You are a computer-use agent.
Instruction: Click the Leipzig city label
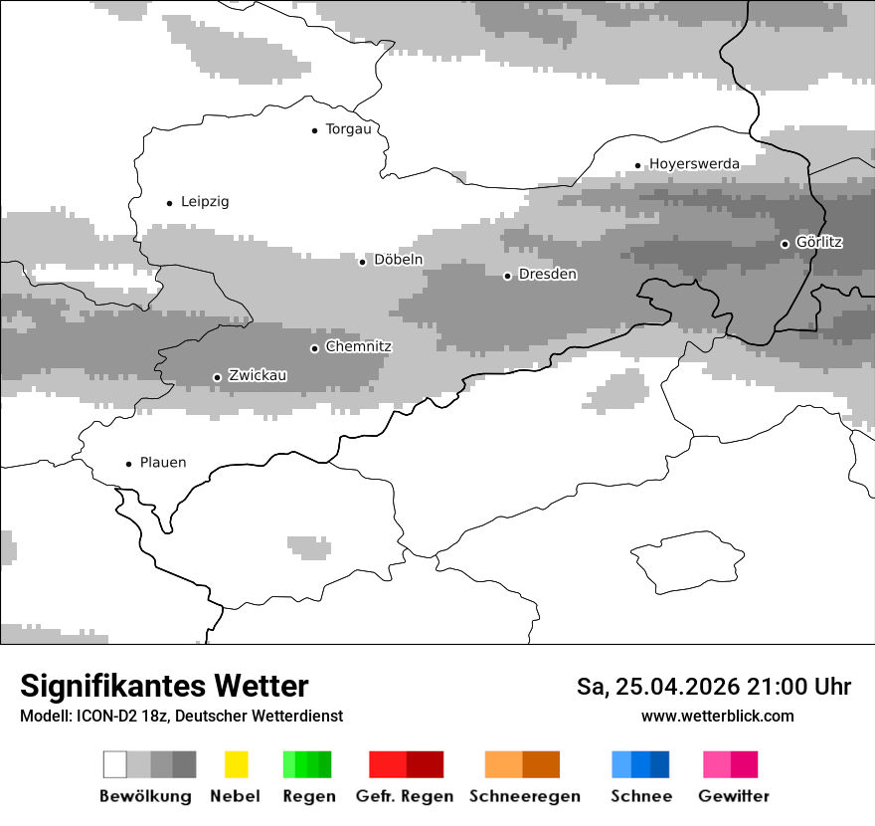pyautogui.click(x=205, y=202)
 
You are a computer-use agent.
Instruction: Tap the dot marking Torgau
pyautogui.click(x=314, y=130)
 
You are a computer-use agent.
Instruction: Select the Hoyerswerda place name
pyautogui.click(x=694, y=164)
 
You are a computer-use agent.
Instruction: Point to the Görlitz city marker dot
pyautogui.click(x=785, y=244)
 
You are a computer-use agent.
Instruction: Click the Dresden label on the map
pyautogui.click(x=548, y=275)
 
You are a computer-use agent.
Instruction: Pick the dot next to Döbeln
pyautogui.click(x=362, y=262)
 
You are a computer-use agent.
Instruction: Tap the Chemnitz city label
pyautogui.click(x=359, y=347)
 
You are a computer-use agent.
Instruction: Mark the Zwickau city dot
pyautogui.click(x=217, y=377)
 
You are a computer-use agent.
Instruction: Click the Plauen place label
pyautogui.click(x=163, y=463)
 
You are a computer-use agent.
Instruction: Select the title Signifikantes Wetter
pyautogui.click(x=164, y=686)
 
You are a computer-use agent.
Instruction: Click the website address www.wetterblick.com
pyautogui.click(x=718, y=716)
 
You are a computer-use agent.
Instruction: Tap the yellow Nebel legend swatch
pyautogui.click(x=236, y=764)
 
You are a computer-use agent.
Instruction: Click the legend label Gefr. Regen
pyautogui.click(x=405, y=796)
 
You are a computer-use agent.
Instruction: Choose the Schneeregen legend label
pyautogui.click(x=525, y=796)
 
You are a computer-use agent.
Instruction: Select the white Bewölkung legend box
pyautogui.click(x=115, y=764)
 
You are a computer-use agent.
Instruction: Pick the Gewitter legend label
pyautogui.click(x=734, y=796)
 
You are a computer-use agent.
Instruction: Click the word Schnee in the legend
pyautogui.click(x=641, y=796)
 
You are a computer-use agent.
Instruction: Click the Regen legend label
pyautogui.click(x=308, y=796)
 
